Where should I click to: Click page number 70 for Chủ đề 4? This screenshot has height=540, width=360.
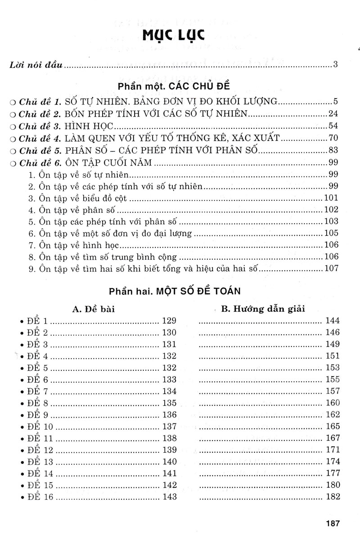[x=333, y=138]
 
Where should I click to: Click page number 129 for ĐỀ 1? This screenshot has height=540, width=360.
[x=169, y=321]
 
